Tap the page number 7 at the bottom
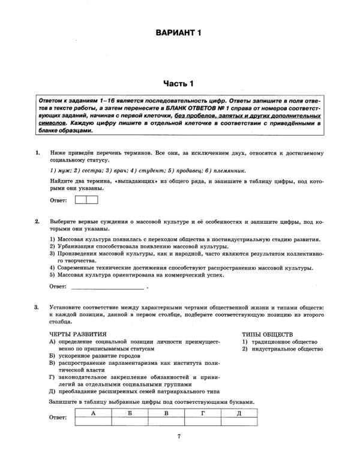click(x=179, y=436)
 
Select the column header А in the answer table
click(x=93, y=413)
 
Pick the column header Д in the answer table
click(x=239, y=413)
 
